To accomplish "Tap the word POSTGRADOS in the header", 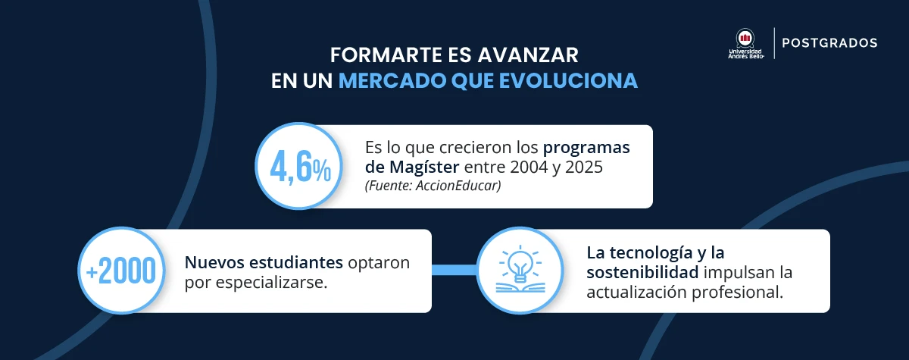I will tap(829, 43).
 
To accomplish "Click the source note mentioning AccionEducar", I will tap(433, 186).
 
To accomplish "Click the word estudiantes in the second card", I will tap(295, 263).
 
